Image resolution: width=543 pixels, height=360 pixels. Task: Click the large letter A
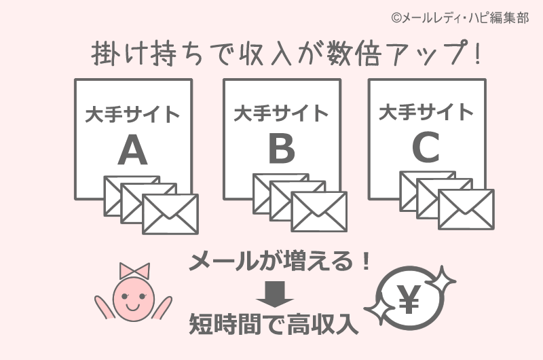click(x=132, y=150)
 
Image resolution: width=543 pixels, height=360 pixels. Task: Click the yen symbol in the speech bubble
click(x=408, y=299)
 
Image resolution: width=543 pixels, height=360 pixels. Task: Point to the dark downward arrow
click(x=275, y=295)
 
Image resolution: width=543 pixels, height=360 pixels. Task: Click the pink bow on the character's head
click(x=133, y=270)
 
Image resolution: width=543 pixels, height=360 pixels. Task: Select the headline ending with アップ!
click(x=286, y=55)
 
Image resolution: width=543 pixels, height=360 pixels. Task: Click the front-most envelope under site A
click(x=170, y=214)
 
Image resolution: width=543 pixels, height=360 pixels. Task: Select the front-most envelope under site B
click(x=318, y=211)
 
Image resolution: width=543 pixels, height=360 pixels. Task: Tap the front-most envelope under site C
click(x=466, y=209)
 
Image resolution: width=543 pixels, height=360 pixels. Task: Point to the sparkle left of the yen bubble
click(x=377, y=315)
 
